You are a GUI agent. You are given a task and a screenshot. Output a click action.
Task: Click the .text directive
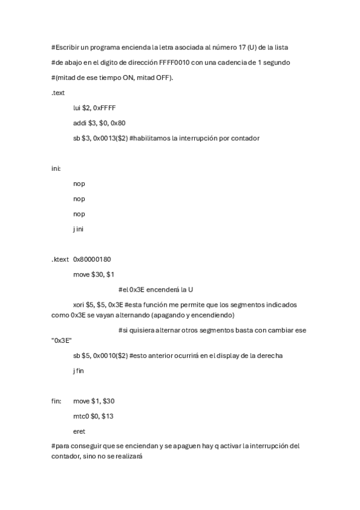click(58, 93)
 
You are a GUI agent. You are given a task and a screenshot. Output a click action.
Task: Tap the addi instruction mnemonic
click(79, 123)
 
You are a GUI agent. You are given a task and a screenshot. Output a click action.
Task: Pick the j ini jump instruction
click(79, 229)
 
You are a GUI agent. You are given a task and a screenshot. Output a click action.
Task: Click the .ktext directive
click(60, 259)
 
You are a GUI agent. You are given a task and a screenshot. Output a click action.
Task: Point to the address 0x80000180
click(92, 259)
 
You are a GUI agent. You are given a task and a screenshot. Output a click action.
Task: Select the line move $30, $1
click(94, 274)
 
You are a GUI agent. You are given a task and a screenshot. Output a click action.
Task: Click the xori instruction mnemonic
click(79, 305)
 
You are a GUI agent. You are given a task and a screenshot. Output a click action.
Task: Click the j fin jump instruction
click(79, 370)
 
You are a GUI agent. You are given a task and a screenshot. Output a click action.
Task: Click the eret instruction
click(79, 431)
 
